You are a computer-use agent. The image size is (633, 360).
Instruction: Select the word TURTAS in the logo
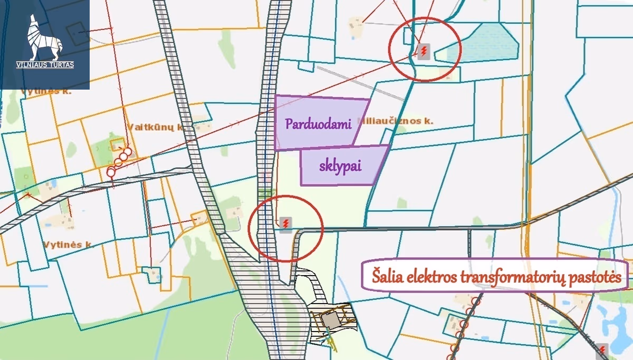coord(62,65)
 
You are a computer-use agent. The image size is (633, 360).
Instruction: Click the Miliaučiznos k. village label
coord(396,121)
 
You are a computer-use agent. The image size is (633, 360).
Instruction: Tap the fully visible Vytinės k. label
coord(69,244)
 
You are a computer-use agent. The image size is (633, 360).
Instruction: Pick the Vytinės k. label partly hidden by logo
coord(46,92)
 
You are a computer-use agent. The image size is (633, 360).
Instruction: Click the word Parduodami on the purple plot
coord(318,124)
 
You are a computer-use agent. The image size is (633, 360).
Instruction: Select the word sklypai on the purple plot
coord(340,166)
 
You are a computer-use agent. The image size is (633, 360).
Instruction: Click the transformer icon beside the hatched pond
coord(424,51)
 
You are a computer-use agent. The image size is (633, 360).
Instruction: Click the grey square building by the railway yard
coord(331,320)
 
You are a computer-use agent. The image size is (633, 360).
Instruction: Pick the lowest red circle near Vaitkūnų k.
coord(111,172)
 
